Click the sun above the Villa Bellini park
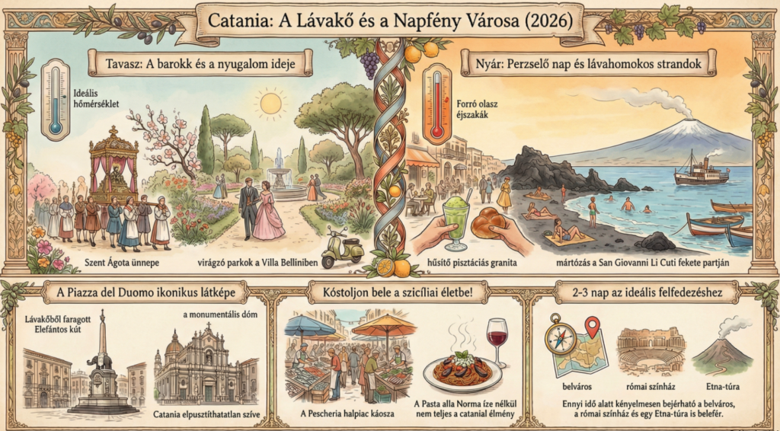click(270, 103)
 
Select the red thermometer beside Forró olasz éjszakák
click(436, 103)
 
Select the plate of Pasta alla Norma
click(467, 372)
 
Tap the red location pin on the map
click(591, 328)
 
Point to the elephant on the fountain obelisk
click(102, 359)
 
